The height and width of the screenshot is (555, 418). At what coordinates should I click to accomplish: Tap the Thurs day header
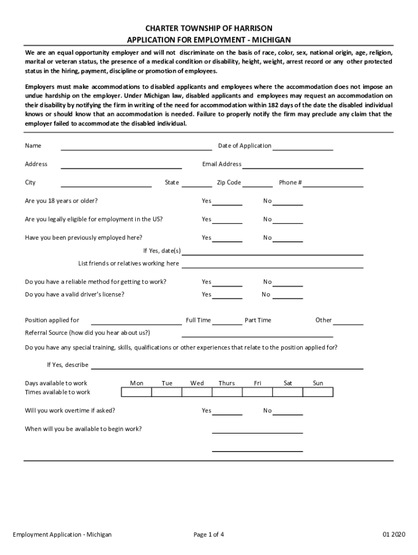[226, 383]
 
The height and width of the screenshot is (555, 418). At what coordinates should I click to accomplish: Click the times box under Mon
[136, 392]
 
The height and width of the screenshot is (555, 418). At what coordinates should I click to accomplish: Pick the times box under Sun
[318, 392]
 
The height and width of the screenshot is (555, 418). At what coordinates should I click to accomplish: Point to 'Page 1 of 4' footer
[209, 534]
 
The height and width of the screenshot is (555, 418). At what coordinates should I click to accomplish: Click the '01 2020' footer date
[394, 534]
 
